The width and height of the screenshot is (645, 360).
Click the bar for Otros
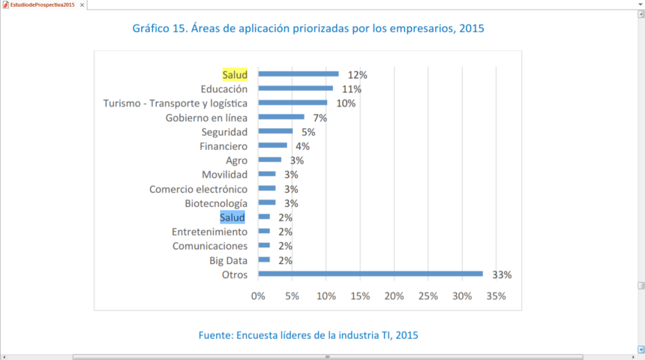click(370, 274)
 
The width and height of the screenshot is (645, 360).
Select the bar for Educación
click(295, 88)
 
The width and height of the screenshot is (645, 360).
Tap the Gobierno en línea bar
click(281, 117)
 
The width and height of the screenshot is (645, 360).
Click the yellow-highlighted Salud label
click(235, 74)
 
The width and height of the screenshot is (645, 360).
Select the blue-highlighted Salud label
click(232, 217)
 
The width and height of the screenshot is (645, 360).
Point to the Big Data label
click(229, 260)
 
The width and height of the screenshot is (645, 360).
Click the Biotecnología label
click(216, 203)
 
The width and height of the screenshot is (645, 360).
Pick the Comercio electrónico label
click(198, 189)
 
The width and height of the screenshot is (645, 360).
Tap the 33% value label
click(502, 275)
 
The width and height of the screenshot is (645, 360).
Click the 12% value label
click(357, 75)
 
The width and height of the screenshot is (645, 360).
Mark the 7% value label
click(320, 118)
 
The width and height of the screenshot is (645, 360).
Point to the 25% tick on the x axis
click(428, 295)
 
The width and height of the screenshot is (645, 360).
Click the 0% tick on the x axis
click(259, 295)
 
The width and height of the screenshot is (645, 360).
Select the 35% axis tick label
click(496, 295)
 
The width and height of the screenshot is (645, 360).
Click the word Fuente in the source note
click(217, 334)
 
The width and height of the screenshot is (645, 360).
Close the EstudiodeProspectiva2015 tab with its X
click(82, 5)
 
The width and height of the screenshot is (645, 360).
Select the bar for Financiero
click(273, 145)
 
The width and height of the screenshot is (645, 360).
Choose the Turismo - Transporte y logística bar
click(292, 103)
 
